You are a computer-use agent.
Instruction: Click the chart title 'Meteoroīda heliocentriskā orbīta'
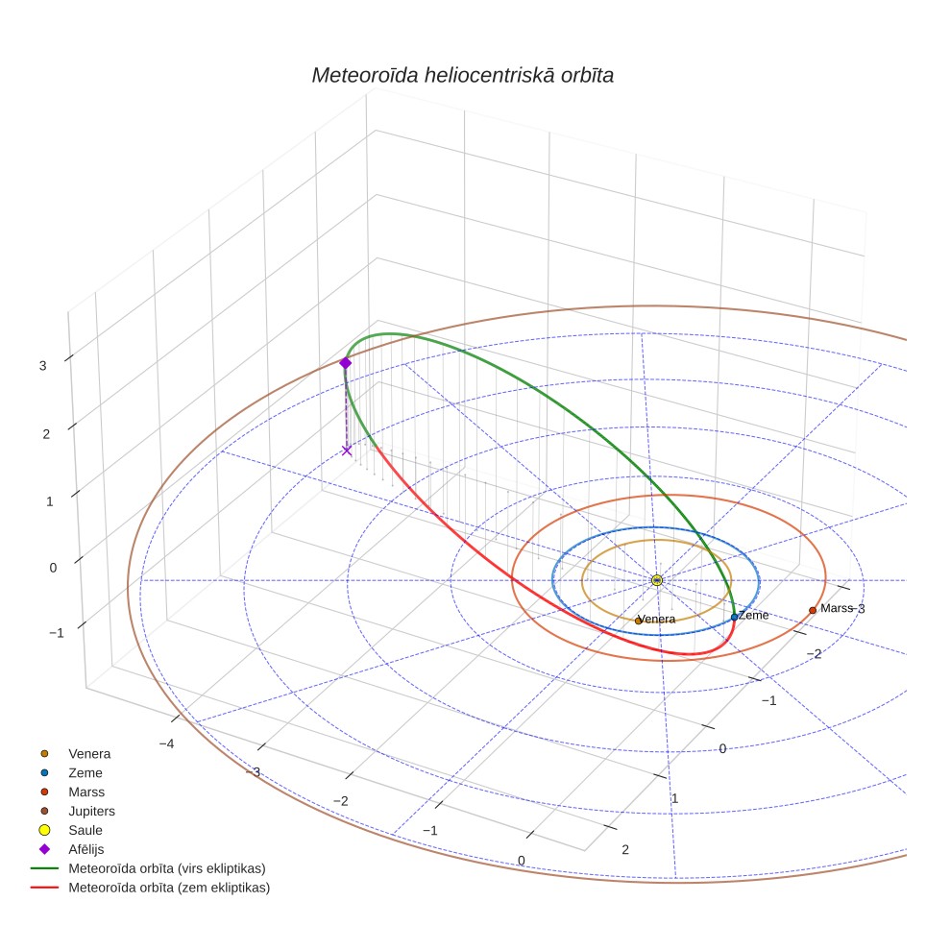click(x=462, y=75)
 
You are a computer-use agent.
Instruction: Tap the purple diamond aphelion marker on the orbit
click(x=346, y=362)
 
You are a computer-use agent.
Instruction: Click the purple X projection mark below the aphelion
click(x=347, y=451)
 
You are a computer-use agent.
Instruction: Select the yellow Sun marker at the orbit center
click(x=657, y=580)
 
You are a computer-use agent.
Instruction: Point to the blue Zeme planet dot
click(x=734, y=617)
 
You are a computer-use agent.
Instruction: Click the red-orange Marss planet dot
click(x=813, y=610)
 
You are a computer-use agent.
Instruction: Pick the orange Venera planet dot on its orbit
click(x=639, y=621)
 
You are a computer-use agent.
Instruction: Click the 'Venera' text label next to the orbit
click(x=657, y=619)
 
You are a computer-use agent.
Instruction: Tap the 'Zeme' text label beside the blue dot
click(x=753, y=615)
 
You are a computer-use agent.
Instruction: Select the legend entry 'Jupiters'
click(x=91, y=811)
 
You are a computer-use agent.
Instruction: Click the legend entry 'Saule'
click(x=85, y=830)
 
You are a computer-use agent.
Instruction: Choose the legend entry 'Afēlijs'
click(x=86, y=849)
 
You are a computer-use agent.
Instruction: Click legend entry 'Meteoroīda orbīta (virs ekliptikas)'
click(x=167, y=868)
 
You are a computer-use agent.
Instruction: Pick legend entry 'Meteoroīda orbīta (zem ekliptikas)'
click(x=169, y=887)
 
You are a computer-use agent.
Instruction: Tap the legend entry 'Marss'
click(x=86, y=792)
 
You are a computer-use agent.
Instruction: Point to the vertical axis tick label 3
click(x=42, y=366)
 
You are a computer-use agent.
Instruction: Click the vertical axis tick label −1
click(x=57, y=632)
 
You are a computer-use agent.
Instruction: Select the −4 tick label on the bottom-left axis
click(x=166, y=743)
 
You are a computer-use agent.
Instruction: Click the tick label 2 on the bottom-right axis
click(x=625, y=849)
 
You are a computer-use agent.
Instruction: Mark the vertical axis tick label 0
click(x=53, y=568)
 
